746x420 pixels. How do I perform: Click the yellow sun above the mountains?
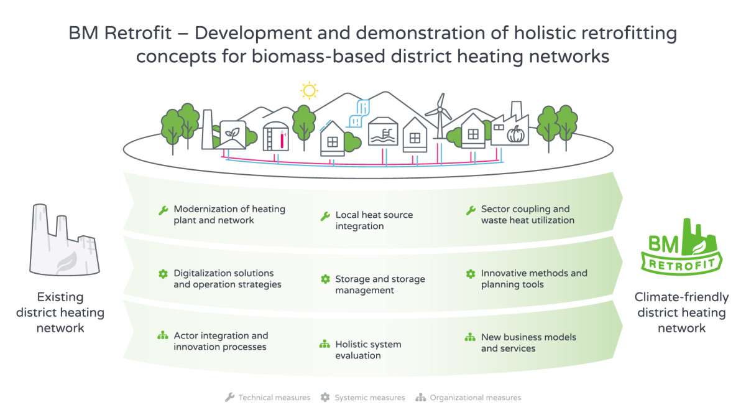[x=309, y=90]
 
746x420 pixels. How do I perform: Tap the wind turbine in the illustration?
[x=440, y=117]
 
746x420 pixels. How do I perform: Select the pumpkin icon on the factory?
[x=515, y=134]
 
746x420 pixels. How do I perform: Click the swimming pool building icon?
[x=383, y=132]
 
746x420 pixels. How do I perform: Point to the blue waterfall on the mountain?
[x=358, y=113]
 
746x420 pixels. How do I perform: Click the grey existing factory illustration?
[x=64, y=240]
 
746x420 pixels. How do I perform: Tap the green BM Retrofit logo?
[x=681, y=247]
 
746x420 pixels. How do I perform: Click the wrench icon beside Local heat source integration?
[x=325, y=216]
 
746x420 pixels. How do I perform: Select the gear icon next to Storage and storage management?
[x=325, y=279]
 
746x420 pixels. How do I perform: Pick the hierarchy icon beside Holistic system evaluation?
[x=325, y=343]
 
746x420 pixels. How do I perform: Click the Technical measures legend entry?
[x=267, y=398]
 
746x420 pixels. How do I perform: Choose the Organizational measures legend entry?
[x=468, y=398]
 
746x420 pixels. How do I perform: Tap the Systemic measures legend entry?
[x=362, y=398]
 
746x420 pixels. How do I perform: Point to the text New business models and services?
[x=528, y=343]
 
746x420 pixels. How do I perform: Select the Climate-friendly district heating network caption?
[x=681, y=312]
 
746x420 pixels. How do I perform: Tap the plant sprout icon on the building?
[x=232, y=133]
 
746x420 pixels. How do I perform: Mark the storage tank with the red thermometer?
[x=275, y=136]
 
